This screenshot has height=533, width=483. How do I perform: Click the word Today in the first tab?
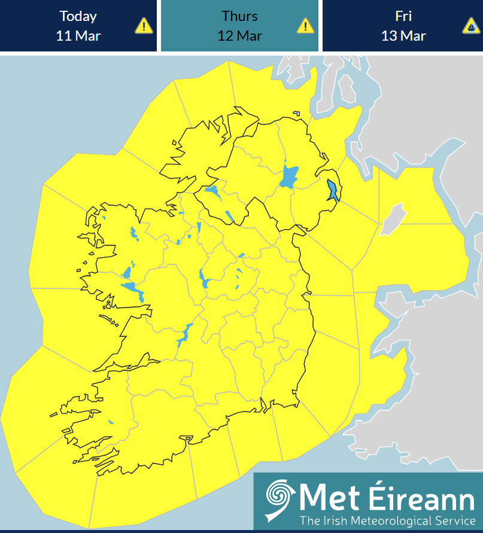78,16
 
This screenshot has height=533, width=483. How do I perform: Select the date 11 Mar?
78,35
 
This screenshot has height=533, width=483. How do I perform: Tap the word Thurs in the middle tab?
239,16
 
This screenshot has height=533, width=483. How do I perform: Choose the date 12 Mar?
239,35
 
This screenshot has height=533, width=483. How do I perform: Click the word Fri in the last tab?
403,16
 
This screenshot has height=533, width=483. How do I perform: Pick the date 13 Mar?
403,35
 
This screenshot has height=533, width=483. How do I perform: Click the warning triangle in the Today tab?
144,26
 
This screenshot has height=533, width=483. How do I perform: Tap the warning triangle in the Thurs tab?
305,26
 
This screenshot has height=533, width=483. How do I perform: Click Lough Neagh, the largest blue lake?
290,177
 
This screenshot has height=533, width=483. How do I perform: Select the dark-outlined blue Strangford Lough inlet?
332,191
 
